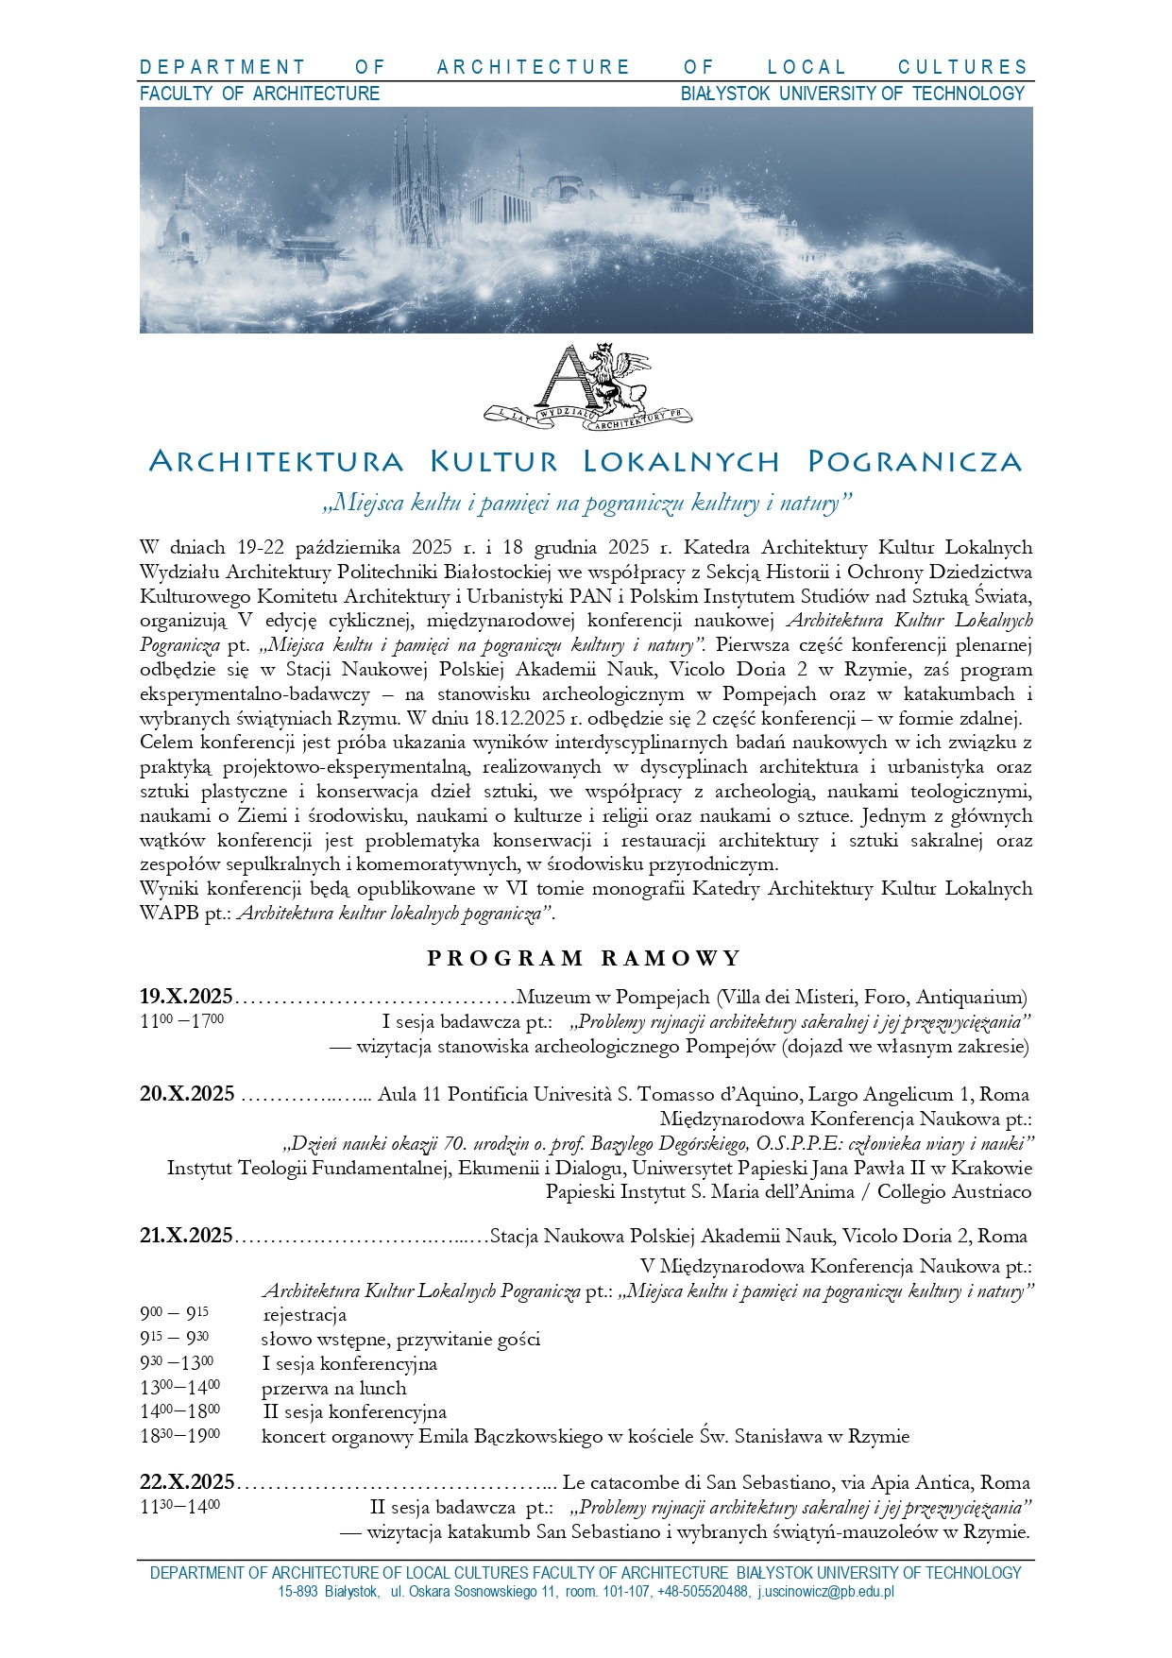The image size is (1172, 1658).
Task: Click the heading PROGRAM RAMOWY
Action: (585, 959)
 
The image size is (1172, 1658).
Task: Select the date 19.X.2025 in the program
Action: (186, 997)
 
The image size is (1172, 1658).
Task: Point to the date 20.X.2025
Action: (187, 1095)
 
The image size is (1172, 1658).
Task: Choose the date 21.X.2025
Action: (186, 1236)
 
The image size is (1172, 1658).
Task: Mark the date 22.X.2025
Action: (187, 1483)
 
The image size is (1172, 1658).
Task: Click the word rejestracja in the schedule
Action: (304, 1315)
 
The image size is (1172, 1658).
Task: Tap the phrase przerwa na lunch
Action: (334, 1389)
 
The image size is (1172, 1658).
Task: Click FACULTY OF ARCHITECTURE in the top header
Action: (260, 94)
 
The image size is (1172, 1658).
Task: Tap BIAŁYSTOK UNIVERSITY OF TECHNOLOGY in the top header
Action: (852, 94)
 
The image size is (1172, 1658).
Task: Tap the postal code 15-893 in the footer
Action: (297, 1592)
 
